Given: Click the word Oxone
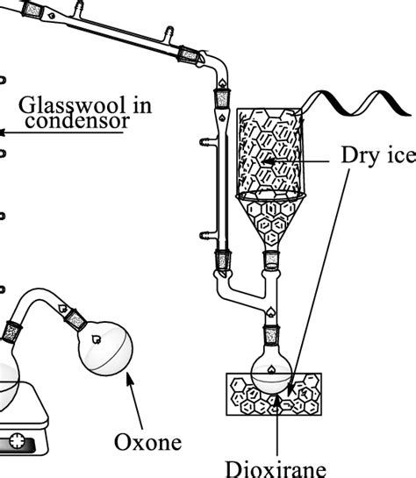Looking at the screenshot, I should click(x=150, y=441).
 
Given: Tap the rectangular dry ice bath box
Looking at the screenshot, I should click(x=273, y=394).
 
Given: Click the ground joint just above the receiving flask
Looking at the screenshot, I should click(x=272, y=335).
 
